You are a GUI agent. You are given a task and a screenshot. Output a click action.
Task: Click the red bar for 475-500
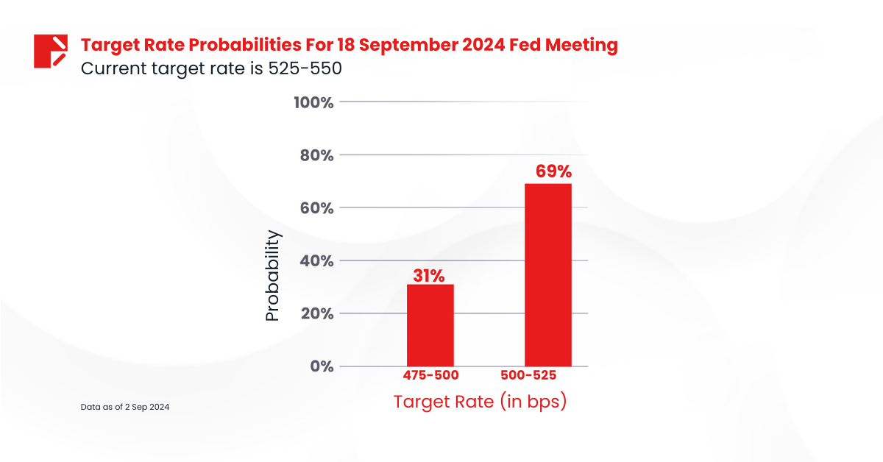(x=430, y=325)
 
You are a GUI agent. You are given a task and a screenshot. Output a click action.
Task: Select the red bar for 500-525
(x=547, y=274)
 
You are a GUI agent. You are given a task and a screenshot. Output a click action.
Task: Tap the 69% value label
(x=547, y=172)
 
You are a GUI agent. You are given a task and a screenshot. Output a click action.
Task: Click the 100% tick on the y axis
(x=313, y=102)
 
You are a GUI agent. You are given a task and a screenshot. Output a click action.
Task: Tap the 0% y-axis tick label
(x=322, y=366)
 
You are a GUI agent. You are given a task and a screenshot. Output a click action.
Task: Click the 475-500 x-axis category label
(x=430, y=375)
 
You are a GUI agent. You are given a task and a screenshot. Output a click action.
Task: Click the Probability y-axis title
(x=272, y=275)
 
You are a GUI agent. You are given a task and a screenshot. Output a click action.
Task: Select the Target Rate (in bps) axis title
(x=480, y=402)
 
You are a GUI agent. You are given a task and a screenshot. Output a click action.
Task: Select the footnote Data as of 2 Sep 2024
(x=125, y=407)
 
